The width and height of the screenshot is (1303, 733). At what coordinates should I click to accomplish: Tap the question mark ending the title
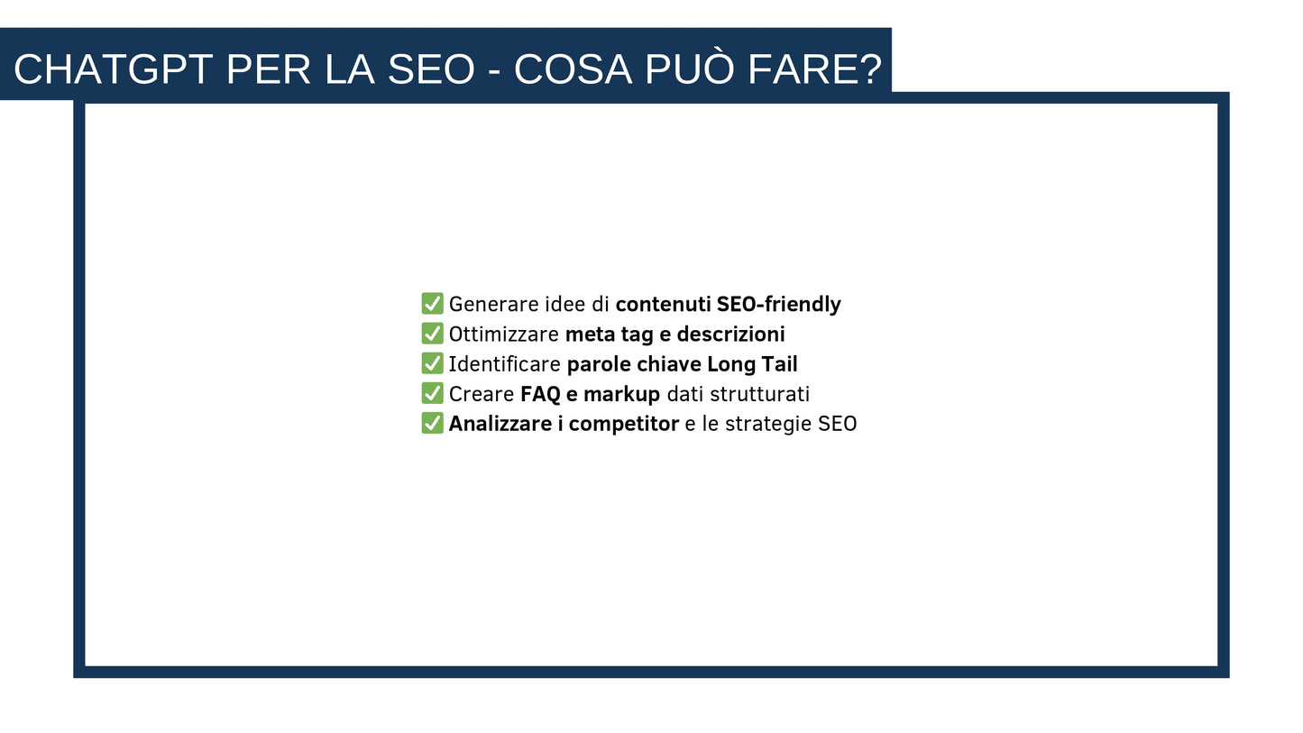tap(870, 69)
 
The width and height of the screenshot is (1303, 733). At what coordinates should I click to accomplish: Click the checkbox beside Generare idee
tap(432, 304)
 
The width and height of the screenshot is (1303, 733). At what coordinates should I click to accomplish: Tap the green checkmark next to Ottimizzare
tap(432, 334)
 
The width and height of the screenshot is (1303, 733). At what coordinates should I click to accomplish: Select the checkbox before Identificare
tap(432, 363)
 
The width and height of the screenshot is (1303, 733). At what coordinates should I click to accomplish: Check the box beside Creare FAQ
tap(432, 393)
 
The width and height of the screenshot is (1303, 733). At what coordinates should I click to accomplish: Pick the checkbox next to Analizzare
tap(432, 423)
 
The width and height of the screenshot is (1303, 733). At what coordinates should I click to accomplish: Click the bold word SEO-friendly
tap(778, 305)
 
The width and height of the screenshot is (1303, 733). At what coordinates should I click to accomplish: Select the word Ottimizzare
tap(503, 334)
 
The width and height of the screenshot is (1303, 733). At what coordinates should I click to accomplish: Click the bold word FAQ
tap(540, 394)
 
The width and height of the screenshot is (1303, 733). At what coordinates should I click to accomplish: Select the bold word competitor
tap(623, 424)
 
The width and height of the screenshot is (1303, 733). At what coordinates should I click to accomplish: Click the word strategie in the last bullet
tap(768, 424)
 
